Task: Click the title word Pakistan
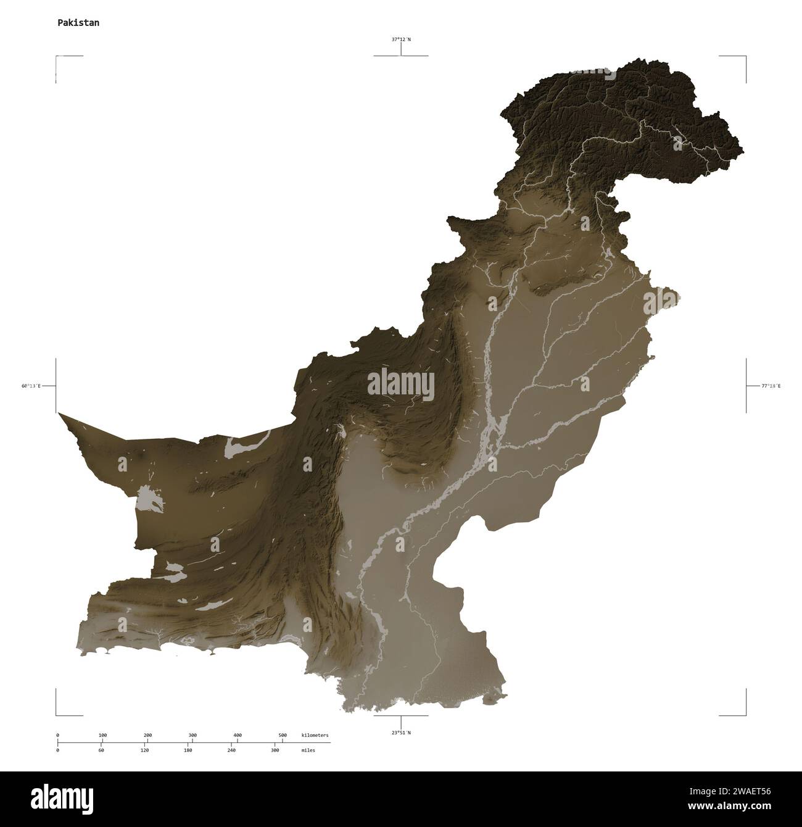pyautogui.click(x=78, y=23)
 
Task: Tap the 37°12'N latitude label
pyautogui.click(x=401, y=39)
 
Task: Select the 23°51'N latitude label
pyautogui.click(x=401, y=733)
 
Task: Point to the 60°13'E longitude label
pyautogui.click(x=31, y=386)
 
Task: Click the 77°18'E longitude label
pyautogui.click(x=771, y=386)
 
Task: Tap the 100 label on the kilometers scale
pyautogui.click(x=102, y=736)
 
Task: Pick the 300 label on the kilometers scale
pyautogui.click(x=192, y=736)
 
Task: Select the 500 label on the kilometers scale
pyautogui.click(x=283, y=736)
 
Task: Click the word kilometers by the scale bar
pyautogui.click(x=315, y=736)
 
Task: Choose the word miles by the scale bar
pyautogui.click(x=308, y=750)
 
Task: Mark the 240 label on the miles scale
pyautogui.click(x=231, y=750)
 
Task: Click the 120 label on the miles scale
pyautogui.click(x=144, y=750)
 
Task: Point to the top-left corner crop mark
pyautogui.click(x=57, y=57)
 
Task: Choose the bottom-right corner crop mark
pyautogui.click(x=745, y=715)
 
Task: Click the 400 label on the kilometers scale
pyautogui.click(x=238, y=736)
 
